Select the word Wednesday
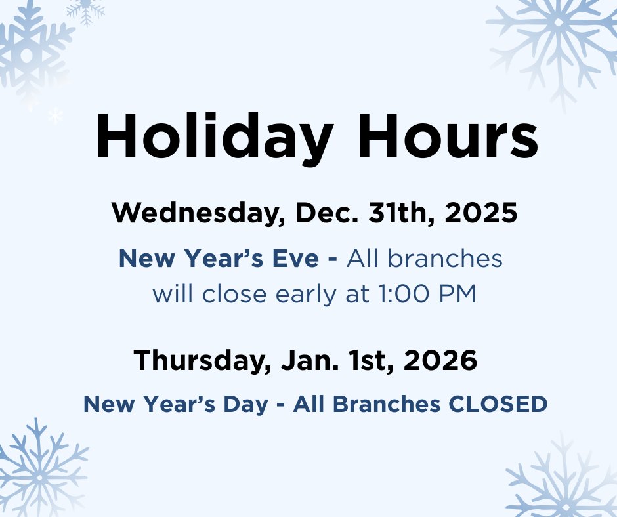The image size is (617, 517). point(199,214)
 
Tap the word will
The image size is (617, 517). point(173,295)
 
